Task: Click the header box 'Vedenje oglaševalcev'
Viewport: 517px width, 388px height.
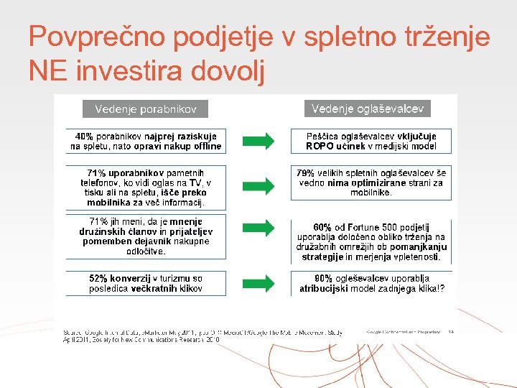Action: tap(368, 108)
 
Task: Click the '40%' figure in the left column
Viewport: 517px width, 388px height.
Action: tap(84, 136)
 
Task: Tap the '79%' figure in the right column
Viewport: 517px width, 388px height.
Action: tap(306, 172)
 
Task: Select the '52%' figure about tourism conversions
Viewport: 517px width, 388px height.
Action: tap(100, 278)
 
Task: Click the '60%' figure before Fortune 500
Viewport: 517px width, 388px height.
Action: tap(322, 227)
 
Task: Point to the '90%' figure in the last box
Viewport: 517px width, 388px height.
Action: tap(324, 278)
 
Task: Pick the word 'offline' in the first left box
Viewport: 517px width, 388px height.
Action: tap(205, 146)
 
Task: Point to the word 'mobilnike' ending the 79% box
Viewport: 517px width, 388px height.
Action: tap(371, 193)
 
